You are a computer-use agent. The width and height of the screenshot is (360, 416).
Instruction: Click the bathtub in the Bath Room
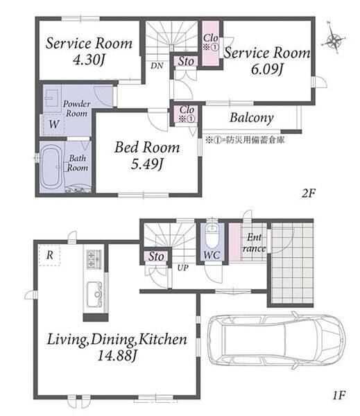[51, 167]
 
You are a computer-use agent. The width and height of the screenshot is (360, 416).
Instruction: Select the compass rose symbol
[334, 39]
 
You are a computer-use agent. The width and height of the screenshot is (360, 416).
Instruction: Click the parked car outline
[276, 340]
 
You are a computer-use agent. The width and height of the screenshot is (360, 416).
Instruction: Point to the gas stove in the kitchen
[94, 259]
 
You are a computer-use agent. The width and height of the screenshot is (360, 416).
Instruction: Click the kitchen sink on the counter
[94, 295]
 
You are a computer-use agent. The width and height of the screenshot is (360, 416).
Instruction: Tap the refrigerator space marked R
[50, 255]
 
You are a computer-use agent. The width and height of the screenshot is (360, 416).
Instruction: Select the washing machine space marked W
[54, 124]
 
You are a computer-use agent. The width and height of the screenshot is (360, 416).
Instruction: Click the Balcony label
[252, 118]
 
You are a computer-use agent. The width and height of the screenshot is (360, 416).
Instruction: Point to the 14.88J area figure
[117, 356]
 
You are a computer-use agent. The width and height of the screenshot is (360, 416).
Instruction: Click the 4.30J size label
[89, 60]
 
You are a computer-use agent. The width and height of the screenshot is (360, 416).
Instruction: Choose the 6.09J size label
[267, 69]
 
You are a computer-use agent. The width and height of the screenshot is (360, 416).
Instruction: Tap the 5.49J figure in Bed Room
[147, 164]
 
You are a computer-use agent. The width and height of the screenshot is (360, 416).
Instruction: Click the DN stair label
[157, 66]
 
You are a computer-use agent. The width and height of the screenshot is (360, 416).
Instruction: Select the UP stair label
[182, 268]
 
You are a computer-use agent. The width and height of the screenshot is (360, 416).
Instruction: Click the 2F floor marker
[308, 193]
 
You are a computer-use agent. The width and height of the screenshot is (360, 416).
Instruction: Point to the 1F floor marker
[338, 396]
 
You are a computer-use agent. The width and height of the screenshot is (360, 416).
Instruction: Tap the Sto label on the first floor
[156, 257]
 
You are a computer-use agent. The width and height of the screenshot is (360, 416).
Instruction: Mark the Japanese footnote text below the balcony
[245, 140]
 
